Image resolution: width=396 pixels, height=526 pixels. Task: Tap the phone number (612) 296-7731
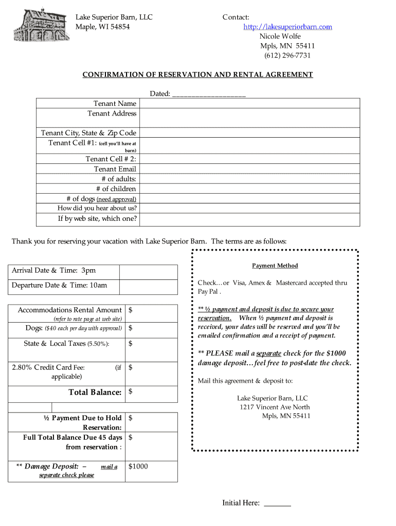pyautogui.click(x=287, y=55)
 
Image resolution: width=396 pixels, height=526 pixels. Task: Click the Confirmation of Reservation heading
pyautogui.click(x=197, y=74)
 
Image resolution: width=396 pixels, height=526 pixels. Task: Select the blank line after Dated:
pyautogui.click(x=209, y=94)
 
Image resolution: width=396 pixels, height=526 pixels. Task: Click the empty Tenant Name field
pyautogui.click(x=249, y=103)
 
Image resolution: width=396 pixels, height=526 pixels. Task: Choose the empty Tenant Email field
pyautogui.click(x=249, y=169)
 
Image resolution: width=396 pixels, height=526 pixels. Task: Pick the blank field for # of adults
pyautogui.click(x=249, y=179)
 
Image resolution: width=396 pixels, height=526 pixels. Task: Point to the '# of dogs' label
pyautogui.click(x=101, y=199)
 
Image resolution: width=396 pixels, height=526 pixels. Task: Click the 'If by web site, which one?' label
pyautogui.click(x=97, y=219)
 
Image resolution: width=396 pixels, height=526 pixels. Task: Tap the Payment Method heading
pyautogui.click(x=275, y=266)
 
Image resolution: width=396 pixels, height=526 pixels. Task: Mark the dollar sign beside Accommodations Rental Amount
pyautogui.click(x=131, y=310)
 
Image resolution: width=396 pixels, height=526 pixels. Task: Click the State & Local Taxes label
pyautogui.click(x=66, y=344)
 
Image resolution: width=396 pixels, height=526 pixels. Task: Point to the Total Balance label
pyautogui.click(x=95, y=392)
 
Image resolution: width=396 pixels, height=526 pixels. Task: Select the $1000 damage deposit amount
pyautogui.click(x=138, y=466)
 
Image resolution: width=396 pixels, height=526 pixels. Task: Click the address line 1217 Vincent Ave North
pyautogui.click(x=275, y=407)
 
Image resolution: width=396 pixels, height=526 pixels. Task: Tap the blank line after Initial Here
pyautogui.click(x=277, y=504)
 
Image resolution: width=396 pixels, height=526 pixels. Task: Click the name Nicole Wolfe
pyautogui.click(x=280, y=36)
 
